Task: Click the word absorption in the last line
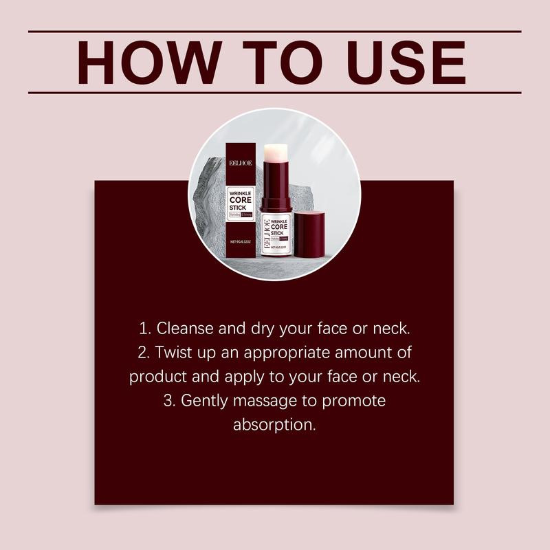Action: coord(274,424)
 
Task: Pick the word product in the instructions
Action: coord(155,377)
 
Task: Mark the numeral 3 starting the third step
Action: coord(168,401)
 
